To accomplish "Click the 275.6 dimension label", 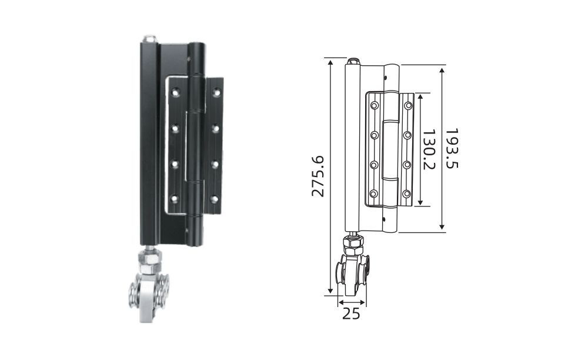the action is point(318,176).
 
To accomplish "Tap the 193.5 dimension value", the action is point(452,148).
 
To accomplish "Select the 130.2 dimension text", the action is point(429,149).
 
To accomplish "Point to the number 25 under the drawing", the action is point(351,314).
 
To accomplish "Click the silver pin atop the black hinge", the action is point(149,38).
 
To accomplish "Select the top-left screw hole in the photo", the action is point(176,91).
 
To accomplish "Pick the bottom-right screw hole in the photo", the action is point(214,199).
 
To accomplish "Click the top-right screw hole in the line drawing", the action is point(408,106).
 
